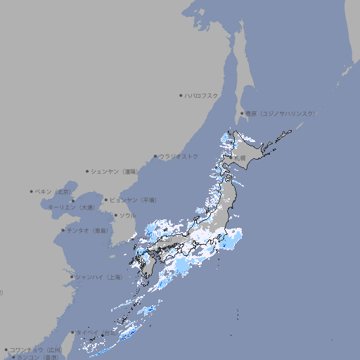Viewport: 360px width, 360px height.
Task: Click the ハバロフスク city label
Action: [202, 95]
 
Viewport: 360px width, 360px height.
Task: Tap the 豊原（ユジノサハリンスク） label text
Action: [280, 113]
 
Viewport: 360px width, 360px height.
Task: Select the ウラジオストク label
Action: [179, 156]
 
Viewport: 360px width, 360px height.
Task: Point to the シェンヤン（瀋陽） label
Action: [115, 172]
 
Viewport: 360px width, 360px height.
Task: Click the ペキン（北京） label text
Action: [53, 191]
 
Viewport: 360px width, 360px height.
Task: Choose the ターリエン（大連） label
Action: [70, 207]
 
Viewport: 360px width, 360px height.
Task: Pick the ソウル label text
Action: [127, 215]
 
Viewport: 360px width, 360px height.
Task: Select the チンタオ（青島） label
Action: [87, 230]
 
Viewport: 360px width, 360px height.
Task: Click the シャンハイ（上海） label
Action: [98, 277]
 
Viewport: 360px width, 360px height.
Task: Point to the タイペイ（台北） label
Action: [96, 332]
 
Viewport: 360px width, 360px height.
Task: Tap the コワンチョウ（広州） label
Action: [35, 349]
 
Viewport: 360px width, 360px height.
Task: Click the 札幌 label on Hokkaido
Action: [240, 157]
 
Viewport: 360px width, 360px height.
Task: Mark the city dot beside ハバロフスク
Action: [181, 95]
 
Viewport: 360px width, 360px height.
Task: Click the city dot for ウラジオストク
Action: [155, 156]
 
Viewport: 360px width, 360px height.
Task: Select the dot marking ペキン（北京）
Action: [32, 191]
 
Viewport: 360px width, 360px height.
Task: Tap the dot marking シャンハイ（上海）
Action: [71, 277]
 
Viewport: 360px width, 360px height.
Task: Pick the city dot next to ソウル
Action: [115, 215]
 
